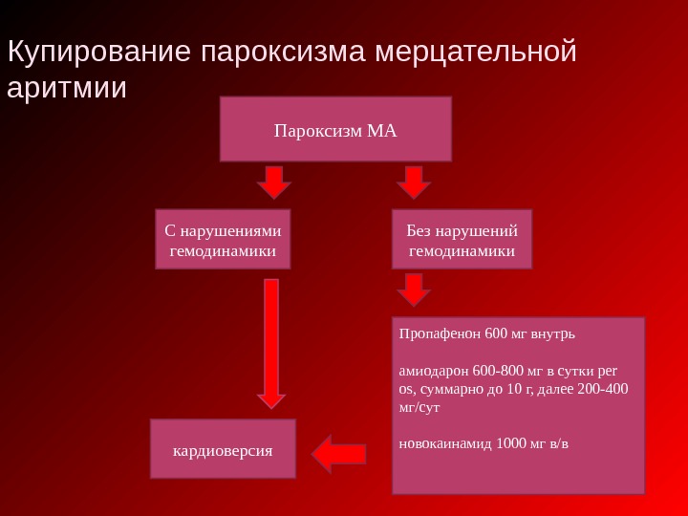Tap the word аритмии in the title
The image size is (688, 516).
tap(66, 88)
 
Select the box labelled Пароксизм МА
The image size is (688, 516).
tap(335, 129)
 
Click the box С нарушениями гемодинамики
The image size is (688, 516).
tap(223, 241)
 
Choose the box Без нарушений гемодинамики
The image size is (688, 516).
tap(462, 241)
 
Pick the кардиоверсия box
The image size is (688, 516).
tap(223, 449)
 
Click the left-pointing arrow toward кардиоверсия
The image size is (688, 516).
tap(339, 454)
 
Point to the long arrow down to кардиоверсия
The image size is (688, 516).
tap(271, 344)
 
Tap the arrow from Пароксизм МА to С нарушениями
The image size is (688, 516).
tap(274, 182)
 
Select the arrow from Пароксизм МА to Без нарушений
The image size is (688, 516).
tap(414, 182)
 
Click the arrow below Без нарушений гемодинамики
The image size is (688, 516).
tap(414, 289)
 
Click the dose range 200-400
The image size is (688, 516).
tap(604, 389)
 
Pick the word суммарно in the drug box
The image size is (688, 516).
tap(445, 389)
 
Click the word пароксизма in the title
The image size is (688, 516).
tap(283, 53)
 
